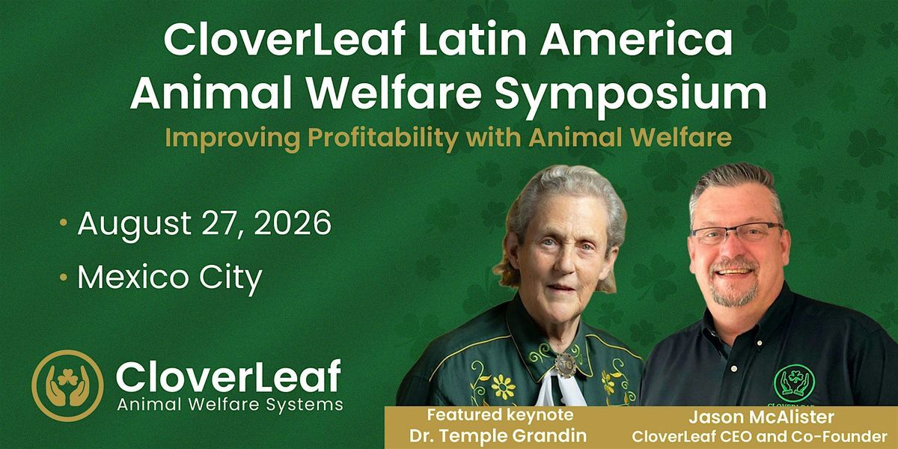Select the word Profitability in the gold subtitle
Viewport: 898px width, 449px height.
pos(383,138)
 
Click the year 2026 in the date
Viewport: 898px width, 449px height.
pos(293,223)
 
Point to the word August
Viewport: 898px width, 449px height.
pos(134,224)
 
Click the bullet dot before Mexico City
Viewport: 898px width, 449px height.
pos(63,277)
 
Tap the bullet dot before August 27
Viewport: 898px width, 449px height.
pos(63,223)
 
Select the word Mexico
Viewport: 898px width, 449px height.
pos(132,277)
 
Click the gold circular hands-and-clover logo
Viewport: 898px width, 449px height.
pos(67,385)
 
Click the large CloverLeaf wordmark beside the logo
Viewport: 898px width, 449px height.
pos(228,376)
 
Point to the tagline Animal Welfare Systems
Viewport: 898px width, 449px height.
pos(230,405)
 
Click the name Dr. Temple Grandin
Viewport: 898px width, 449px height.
pos(498,436)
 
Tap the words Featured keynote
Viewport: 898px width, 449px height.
pos(500,415)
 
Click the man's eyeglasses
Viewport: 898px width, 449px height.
pos(737,233)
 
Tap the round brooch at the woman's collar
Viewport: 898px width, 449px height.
pos(566,365)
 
